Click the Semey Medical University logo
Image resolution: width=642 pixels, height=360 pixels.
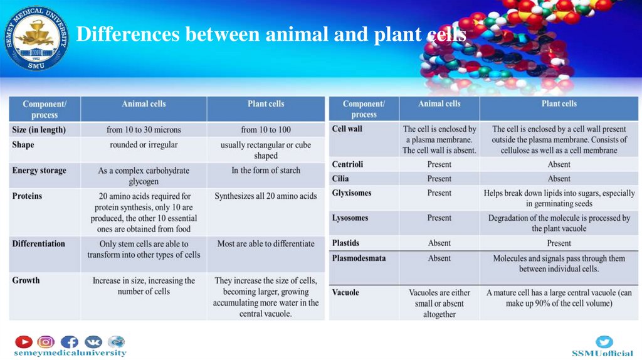coord(36,38)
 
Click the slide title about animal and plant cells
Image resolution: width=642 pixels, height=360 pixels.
coord(271,34)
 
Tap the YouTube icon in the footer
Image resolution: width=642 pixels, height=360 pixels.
coord(24,342)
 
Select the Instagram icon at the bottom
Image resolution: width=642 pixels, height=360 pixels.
coord(46,342)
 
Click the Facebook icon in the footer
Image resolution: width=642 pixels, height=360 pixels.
coord(69,342)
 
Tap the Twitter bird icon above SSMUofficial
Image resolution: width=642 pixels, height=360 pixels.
coord(604,342)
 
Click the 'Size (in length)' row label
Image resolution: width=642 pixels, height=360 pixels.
coord(38,130)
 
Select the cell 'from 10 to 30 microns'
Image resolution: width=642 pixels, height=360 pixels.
coord(144,130)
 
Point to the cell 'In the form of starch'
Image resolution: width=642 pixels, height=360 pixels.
coord(266,171)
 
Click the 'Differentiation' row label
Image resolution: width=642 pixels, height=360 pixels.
coord(38,243)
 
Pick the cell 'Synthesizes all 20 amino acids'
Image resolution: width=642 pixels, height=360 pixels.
coord(266,196)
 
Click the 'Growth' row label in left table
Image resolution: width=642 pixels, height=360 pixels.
coord(26,280)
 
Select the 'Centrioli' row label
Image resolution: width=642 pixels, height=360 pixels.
coord(347,164)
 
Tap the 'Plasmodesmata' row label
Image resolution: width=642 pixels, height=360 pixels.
coord(359,258)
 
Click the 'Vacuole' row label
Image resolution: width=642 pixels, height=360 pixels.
coord(345,292)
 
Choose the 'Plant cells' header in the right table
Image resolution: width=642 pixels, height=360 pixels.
coord(559,104)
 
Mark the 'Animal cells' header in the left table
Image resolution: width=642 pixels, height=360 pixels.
coord(144,104)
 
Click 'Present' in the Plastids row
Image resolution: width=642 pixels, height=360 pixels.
coord(559,243)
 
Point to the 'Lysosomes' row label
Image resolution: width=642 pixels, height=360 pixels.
coord(350,218)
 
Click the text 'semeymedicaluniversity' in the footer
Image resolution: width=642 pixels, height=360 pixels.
coord(70,353)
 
